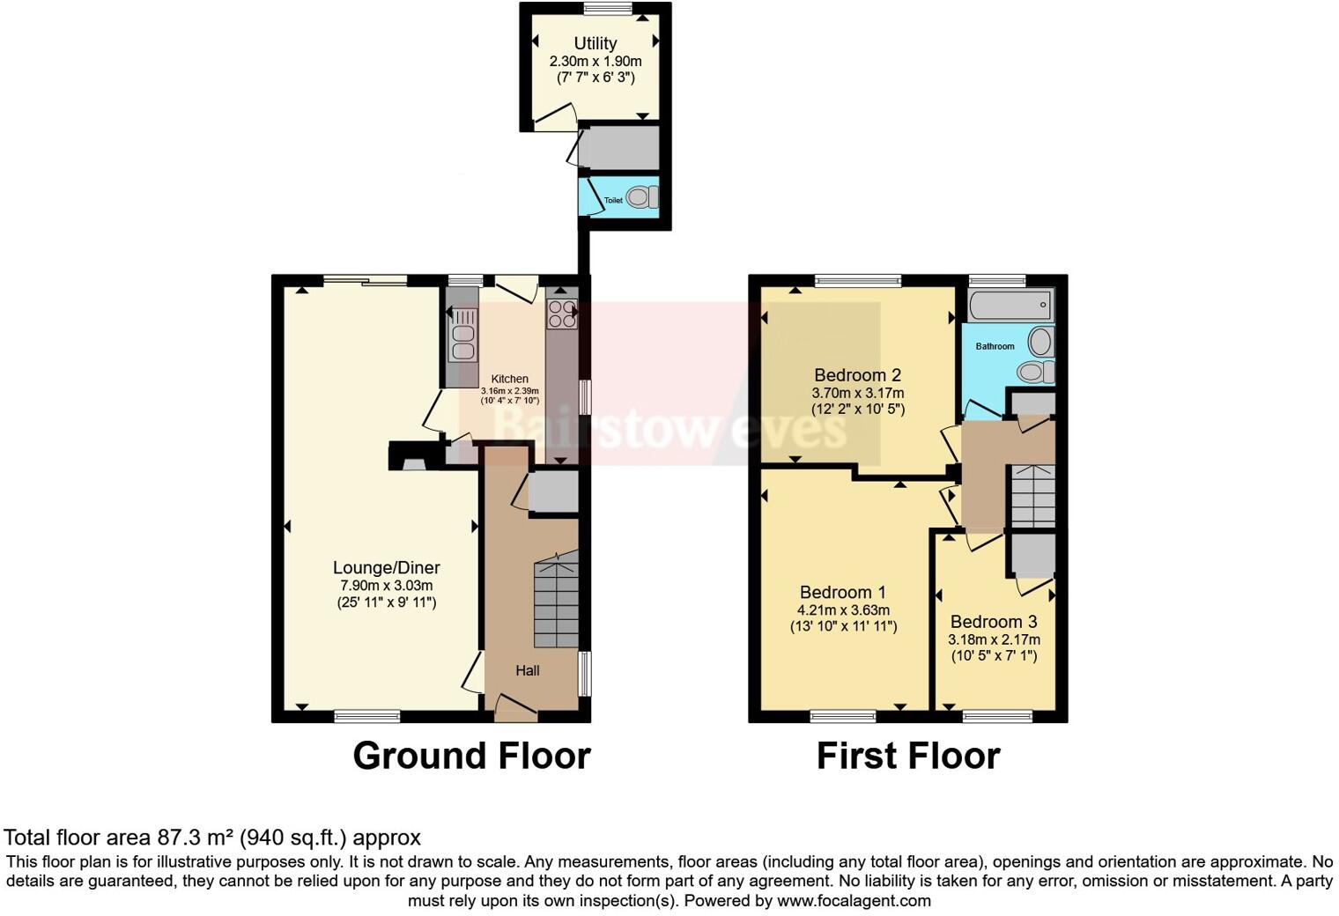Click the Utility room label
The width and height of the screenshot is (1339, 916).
pyautogui.click(x=596, y=43)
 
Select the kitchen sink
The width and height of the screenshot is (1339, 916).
pyautogui.click(x=462, y=335)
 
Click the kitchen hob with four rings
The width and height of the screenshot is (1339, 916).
pyautogui.click(x=562, y=314)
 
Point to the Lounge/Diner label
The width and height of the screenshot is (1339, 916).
pyautogui.click(x=386, y=568)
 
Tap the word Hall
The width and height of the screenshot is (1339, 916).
pyautogui.click(x=528, y=670)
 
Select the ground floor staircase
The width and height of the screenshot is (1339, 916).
pyautogui.click(x=556, y=603)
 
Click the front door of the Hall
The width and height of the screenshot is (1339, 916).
pyautogui.click(x=514, y=705)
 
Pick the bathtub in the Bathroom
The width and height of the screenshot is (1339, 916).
pyautogui.click(x=1010, y=306)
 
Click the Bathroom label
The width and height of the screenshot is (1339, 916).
pyautogui.click(x=995, y=346)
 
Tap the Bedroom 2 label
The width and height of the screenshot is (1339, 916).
pyautogui.click(x=857, y=375)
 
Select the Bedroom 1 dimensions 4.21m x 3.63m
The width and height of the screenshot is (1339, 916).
pyautogui.click(x=843, y=610)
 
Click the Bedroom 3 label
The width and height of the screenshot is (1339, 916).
pyautogui.click(x=994, y=622)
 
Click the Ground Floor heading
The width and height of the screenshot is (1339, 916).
pyautogui.click(x=471, y=756)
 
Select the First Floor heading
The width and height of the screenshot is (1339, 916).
pyautogui.click(x=907, y=756)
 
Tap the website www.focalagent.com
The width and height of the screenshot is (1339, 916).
pyautogui.click(x=854, y=901)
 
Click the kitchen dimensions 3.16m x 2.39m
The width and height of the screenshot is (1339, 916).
pyautogui.click(x=509, y=390)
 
